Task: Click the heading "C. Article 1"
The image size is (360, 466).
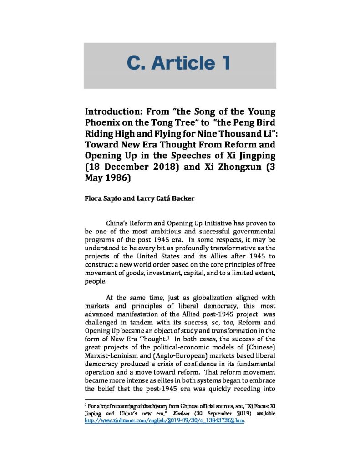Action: point(179,64)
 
